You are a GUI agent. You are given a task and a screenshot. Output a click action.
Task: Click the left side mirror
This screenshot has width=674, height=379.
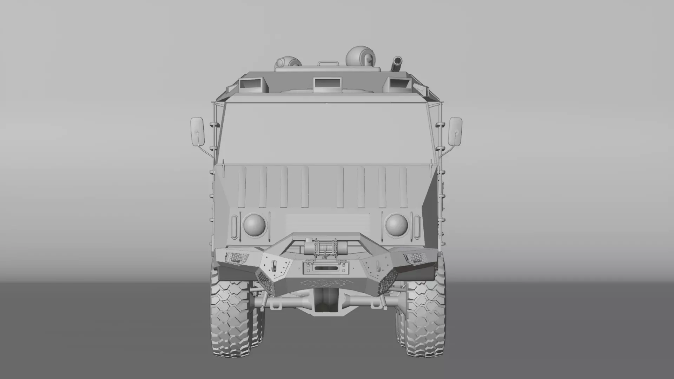(197, 132)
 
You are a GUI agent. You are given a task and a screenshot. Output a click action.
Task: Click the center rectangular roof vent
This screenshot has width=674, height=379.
(327, 83)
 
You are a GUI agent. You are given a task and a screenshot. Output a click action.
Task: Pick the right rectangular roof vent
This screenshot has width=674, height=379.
(399, 84)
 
